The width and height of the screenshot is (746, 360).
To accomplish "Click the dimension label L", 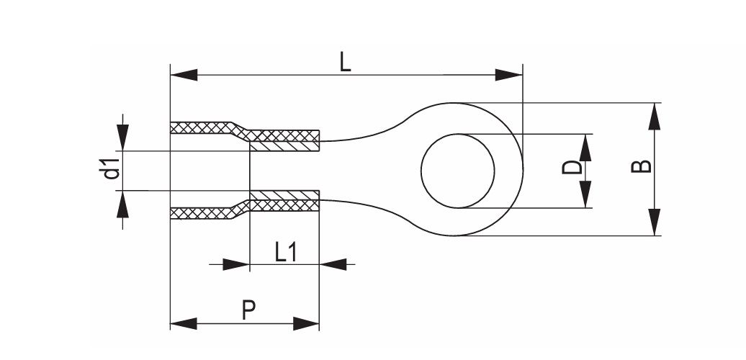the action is [346, 63].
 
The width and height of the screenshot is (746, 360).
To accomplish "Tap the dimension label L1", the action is [285, 252].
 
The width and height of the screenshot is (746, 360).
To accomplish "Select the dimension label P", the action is [248, 310].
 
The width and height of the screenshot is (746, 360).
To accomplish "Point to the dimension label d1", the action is [112, 170].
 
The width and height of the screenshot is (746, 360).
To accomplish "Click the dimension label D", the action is [572, 167].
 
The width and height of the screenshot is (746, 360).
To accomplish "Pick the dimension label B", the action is [642, 166].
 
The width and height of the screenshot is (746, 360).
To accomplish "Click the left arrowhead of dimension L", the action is [184, 75].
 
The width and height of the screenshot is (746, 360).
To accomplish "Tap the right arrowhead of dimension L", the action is [508, 75].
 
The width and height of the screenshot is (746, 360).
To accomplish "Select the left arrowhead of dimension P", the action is [184, 324].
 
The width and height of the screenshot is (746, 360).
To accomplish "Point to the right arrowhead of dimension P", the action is [306, 324].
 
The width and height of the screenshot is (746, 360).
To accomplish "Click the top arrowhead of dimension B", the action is [655, 116].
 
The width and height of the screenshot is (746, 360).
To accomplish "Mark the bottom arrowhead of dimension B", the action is [655, 222].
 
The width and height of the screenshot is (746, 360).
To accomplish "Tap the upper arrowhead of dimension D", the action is [585, 148].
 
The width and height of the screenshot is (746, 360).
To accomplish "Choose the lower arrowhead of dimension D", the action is [585, 194].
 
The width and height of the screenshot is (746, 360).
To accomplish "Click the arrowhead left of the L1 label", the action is [236, 264].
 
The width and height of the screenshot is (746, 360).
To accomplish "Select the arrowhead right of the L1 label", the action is [333, 264].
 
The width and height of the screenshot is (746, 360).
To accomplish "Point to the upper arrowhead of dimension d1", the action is [122, 138].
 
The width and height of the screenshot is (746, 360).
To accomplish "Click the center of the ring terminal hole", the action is [458, 171].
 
